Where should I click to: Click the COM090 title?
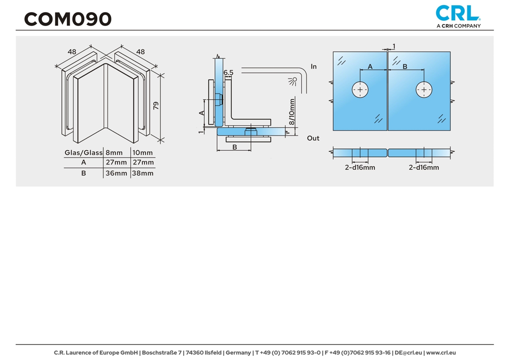tap(68, 19)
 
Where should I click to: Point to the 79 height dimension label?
tap(156, 106)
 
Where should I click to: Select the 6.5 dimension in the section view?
tap(228, 72)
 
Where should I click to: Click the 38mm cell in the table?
tap(143, 173)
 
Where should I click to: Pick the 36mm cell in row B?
tap(116, 173)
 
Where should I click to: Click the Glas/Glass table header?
tap(84, 153)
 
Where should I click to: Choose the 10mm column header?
tap(143, 153)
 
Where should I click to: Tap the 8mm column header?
tap(114, 153)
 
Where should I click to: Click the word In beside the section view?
tap(314, 66)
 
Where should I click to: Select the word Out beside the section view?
tap(313, 138)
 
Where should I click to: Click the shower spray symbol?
tap(292, 81)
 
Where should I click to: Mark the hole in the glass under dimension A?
tap(360, 90)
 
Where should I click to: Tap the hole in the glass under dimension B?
tap(424, 90)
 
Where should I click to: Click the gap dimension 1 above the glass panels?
tap(394, 46)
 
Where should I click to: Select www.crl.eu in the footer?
tap(441, 353)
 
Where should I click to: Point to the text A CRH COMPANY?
tap(459, 26)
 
